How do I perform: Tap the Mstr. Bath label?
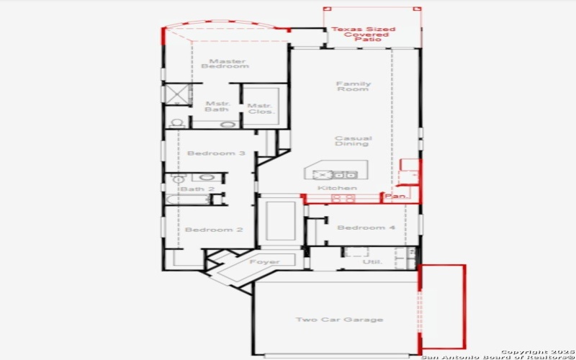[x=217, y=107]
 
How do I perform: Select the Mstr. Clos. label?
[x=259, y=109]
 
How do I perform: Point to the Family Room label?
[x=354, y=86]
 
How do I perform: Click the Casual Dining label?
[x=354, y=141]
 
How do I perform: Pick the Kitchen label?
[x=338, y=188]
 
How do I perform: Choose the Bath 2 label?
[x=197, y=189]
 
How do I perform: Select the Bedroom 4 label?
[x=366, y=228]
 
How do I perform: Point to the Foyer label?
[x=264, y=262]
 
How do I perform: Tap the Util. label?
[x=372, y=263]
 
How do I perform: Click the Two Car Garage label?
[x=339, y=319]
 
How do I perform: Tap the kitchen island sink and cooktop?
[x=335, y=174]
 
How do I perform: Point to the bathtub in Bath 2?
[x=187, y=199]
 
